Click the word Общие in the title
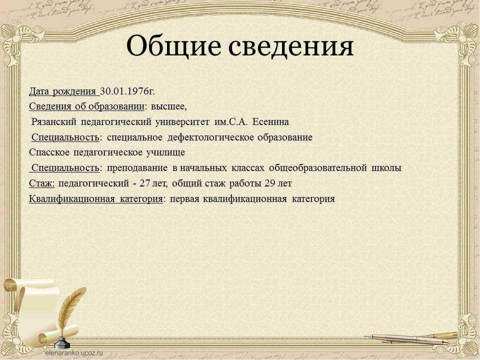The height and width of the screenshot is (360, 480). click(173, 46)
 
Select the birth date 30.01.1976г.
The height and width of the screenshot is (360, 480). click(127, 91)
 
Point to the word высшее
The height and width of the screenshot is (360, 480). click(168, 106)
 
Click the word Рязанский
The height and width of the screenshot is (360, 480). click(54, 122)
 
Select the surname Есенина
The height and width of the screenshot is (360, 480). click(270, 122)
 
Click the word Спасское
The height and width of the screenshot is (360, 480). click(49, 152)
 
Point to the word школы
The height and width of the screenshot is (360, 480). click(386, 168)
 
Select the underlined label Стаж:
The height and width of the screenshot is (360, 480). click(42, 183)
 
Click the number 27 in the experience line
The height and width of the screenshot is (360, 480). click(144, 183)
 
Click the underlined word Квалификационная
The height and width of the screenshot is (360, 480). click(72, 198)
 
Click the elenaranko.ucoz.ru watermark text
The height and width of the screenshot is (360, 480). click(74, 352)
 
